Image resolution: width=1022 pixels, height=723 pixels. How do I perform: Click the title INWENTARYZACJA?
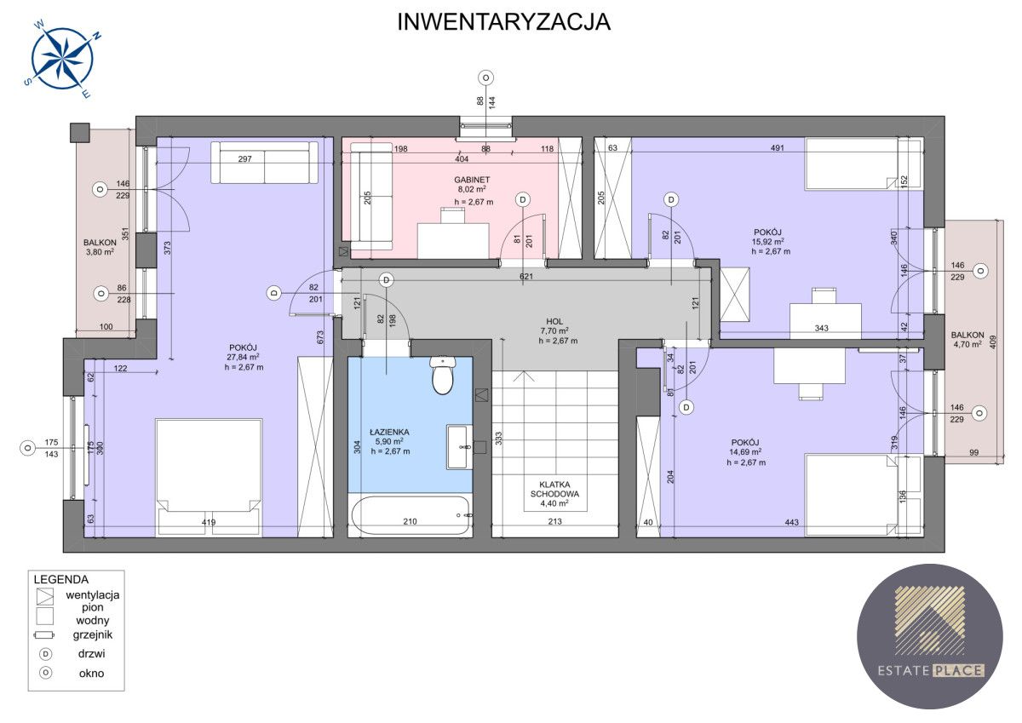pyautogui.click(x=503, y=22)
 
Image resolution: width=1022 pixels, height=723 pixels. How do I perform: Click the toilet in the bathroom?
pyautogui.click(x=442, y=376)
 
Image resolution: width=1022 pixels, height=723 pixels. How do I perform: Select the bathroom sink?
pyautogui.click(x=459, y=446)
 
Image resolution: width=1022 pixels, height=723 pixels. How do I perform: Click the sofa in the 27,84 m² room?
pyautogui.click(x=264, y=163)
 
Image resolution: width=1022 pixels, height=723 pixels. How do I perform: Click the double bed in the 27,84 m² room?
pyautogui.click(x=208, y=473)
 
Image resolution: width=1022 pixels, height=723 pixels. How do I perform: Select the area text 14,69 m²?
pyautogui.click(x=745, y=452)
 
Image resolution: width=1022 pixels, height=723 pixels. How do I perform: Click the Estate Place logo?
pyautogui.click(x=929, y=636)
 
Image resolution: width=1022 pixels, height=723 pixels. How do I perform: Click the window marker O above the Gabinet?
pyautogui.click(x=485, y=77)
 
